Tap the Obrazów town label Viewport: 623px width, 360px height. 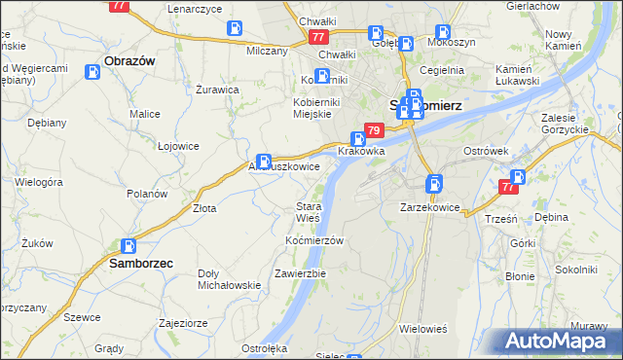point(129,59)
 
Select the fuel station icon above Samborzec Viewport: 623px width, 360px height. point(128,246)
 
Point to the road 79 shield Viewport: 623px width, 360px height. point(374,130)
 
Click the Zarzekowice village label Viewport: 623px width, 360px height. point(430,207)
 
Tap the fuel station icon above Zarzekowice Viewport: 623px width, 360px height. point(434,182)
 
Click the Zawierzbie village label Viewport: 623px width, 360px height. point(300,273)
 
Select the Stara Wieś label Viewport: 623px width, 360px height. point(309,212)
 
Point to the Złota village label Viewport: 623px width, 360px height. point(203,207)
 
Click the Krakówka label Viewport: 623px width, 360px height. point(362,152)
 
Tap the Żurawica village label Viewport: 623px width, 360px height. point(217,90)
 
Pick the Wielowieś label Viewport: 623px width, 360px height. point(421,329)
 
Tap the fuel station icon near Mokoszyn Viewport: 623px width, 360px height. point(444,32)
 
